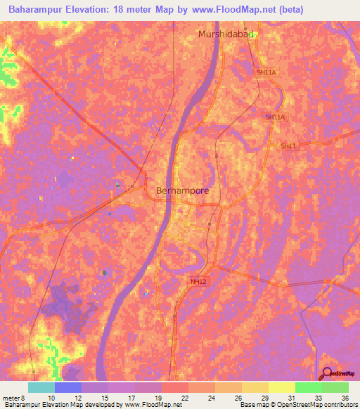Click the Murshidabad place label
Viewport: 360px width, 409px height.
(x=226, y=34)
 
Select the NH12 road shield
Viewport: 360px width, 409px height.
(x=199, y=281)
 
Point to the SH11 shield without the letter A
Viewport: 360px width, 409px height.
(x=289, y=145)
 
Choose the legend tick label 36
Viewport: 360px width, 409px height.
(x=345, y=398)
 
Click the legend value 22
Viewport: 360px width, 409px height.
(x=184, y=398)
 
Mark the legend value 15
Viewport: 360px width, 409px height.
(x=104, y=398)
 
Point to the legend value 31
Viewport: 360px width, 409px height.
(x=291, y=398)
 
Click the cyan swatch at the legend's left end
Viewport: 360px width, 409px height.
(x=41, y=387)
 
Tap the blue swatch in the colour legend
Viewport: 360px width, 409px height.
(x=68, y=387)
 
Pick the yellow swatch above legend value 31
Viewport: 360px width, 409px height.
(x=282, y=387)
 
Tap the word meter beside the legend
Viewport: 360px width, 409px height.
(x=10, y=398)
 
